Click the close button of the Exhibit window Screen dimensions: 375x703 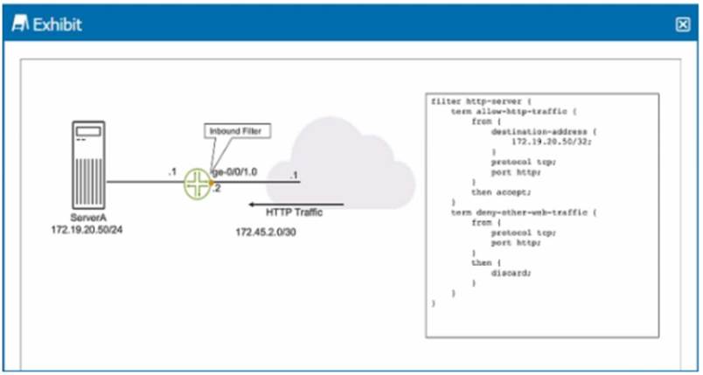click(x=683, y=24)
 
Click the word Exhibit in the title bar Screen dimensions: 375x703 click(x=58, y=24)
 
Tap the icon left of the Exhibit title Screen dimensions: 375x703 click(x=20, y=24)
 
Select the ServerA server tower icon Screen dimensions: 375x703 click(x=88, y=163)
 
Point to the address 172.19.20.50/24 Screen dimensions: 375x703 click(x=88, y=231)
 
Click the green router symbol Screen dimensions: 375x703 click(x=198, y=183)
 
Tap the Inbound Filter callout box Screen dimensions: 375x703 click(x=237, y=131)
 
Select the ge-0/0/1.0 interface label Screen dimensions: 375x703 click(x=236, y=172)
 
